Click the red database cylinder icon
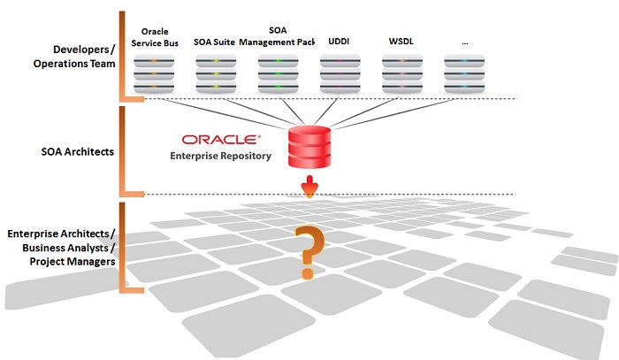309,145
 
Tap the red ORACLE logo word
221,141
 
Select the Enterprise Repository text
221,156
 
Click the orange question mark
308,252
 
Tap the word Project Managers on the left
72,261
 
